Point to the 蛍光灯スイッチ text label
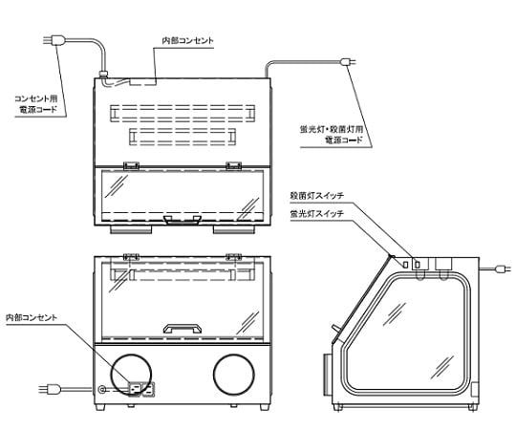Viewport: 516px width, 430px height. coord(316,215)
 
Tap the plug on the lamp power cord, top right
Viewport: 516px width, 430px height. coord(348,63)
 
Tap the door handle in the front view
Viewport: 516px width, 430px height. coord(182,328)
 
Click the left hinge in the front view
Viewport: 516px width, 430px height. coord(133,256)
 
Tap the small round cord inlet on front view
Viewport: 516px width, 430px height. coord(102,389)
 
